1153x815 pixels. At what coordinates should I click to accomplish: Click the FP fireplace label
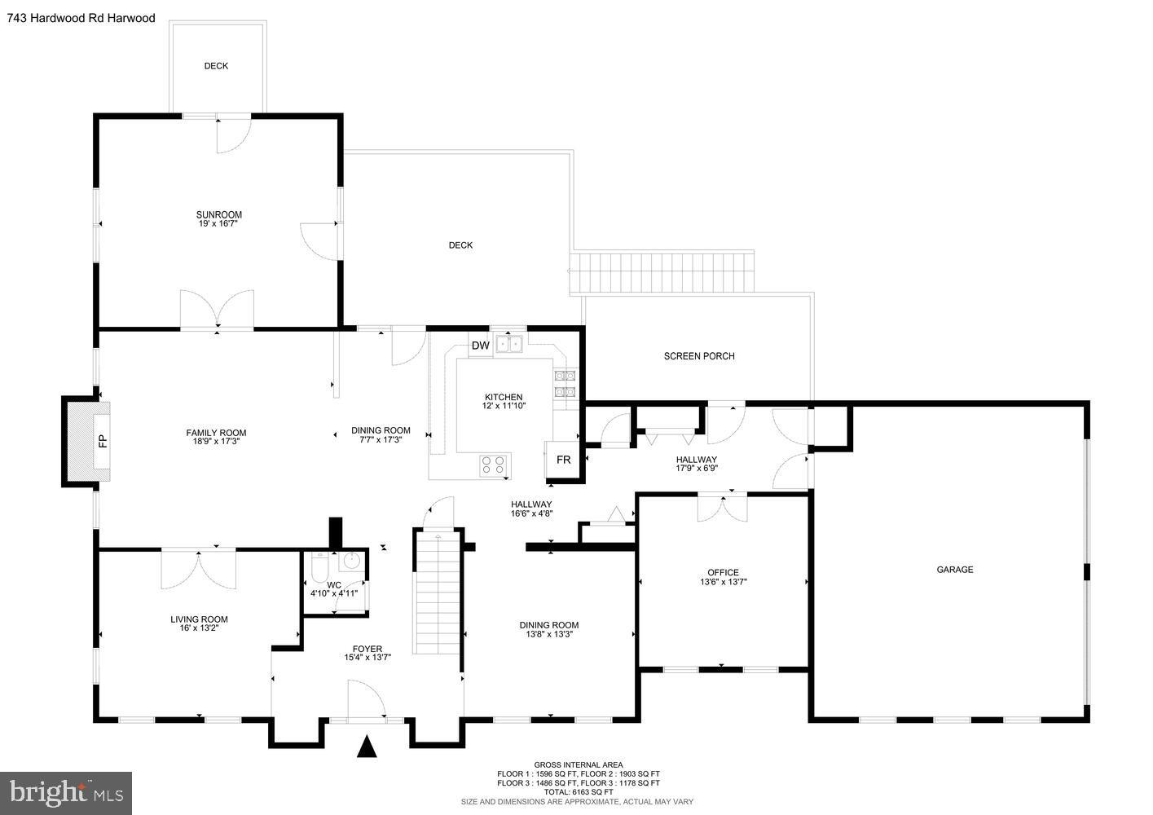103,442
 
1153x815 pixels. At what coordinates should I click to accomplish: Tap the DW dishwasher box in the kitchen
481,346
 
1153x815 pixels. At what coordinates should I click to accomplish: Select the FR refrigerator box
563,460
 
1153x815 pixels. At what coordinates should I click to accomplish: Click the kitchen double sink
510,344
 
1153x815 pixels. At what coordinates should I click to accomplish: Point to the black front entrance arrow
367,747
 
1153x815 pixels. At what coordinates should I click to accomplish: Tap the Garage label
954,570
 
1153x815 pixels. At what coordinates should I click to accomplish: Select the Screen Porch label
699,356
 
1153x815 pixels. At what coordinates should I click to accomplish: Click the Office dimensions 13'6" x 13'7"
723,582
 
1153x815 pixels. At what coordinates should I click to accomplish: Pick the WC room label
334,584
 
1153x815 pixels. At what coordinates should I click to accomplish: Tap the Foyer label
367,649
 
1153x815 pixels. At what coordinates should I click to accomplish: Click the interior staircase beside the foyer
437,592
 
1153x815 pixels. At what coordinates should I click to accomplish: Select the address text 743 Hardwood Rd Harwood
81,18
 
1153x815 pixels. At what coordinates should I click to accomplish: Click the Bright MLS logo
66,793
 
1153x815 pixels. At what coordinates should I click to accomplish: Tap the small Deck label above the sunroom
216,66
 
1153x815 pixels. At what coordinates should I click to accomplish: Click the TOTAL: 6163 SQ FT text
579,791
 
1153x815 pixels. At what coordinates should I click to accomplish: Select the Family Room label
216,433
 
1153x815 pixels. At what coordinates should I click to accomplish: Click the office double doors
722,507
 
